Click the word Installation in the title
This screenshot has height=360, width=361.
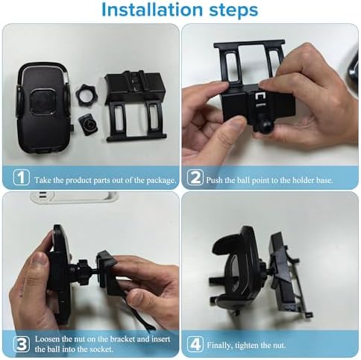[x=152, y=10]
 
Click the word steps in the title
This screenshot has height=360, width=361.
[x=233, y=10]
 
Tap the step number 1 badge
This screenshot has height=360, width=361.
[x=21, y=177]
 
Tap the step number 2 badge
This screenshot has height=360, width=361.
[x=195, y=177]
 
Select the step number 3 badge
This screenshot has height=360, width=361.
[x=22, y=344]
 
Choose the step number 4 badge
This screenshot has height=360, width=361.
[x=195, y=344]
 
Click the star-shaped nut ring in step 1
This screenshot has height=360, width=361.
[x=87, y=94]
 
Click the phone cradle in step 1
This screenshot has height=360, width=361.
[x=43, y=108]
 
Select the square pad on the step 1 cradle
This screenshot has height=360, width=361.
[x=43, y=102]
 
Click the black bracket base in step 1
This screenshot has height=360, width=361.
[x=135, y=106]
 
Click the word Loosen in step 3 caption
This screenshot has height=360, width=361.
[x=48, y=339]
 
